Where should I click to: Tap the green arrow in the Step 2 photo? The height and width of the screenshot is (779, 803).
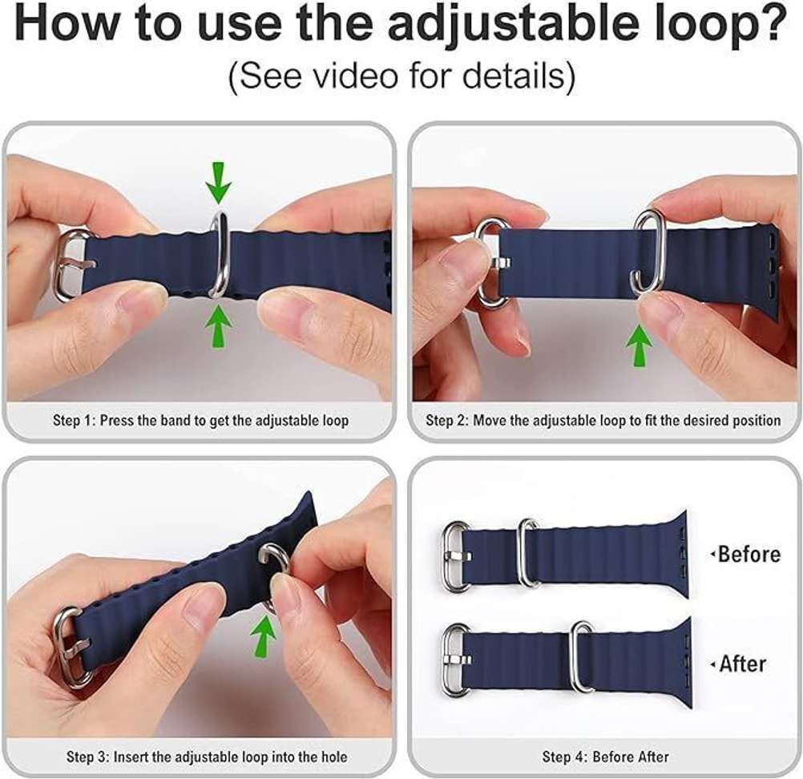pyautogui.click(x=639, y=345)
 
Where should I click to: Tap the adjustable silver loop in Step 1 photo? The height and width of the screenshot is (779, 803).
pyautogui.click(x=219, y=254)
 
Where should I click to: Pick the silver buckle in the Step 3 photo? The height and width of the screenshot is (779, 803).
pyautogui.click(x=71, y=648)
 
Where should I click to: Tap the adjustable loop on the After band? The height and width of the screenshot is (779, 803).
pyautogui.click(x=583, y=656)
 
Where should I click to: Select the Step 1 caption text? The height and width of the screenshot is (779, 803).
pyautogui.click(x=200, y=420)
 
